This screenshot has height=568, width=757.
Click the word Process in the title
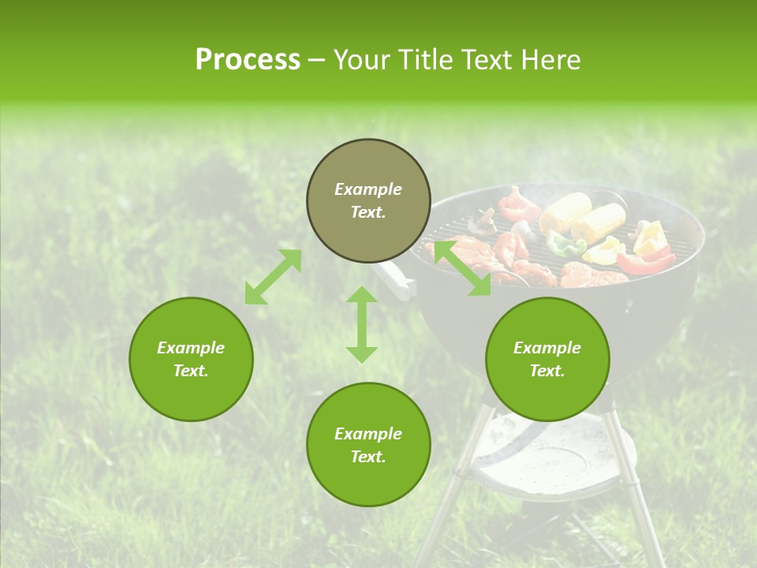point(248,60)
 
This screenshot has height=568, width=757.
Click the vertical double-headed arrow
point(362,324)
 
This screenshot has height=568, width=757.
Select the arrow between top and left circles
point(273,277)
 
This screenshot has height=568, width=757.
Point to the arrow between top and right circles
point(461,268)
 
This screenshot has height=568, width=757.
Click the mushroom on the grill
point(482,222)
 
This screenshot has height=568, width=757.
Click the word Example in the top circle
point(368,189)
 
